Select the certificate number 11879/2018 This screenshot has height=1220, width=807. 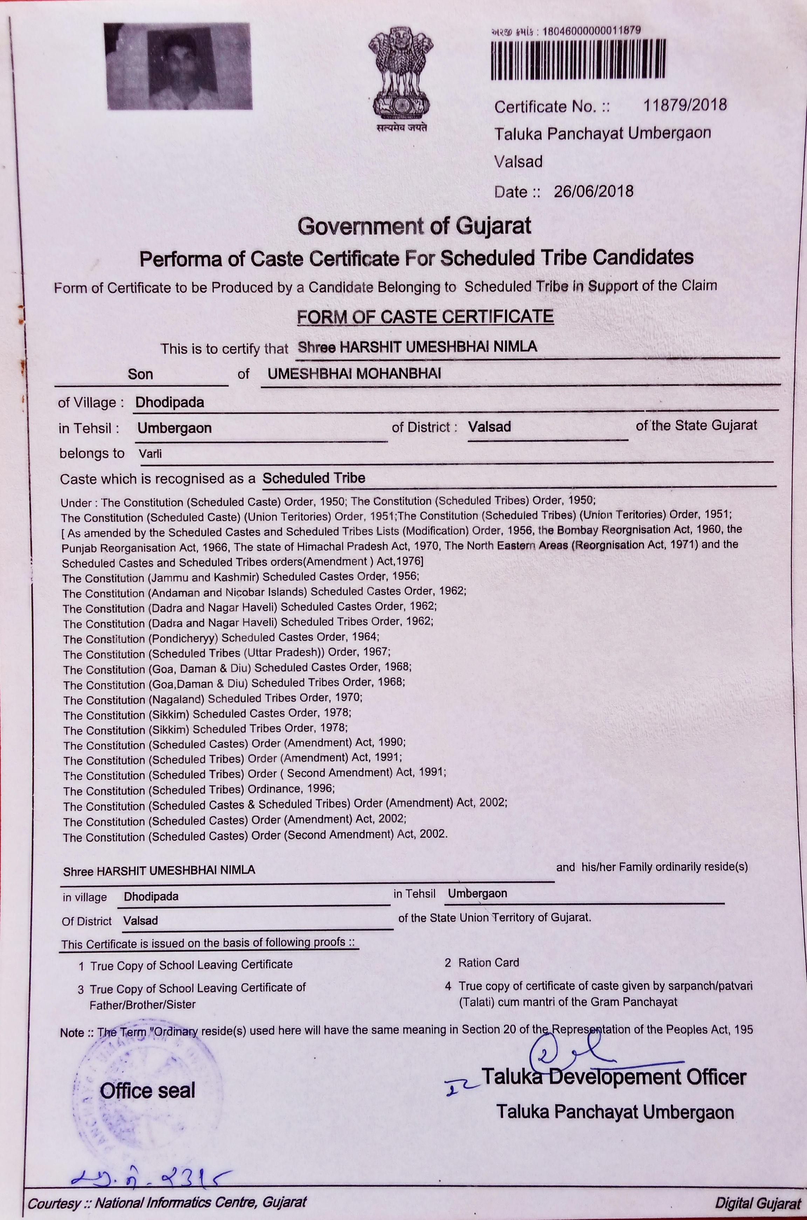(x=684, y=105)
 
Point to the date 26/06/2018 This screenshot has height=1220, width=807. (x=593, y=191)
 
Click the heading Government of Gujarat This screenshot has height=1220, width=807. (x=414, y=226)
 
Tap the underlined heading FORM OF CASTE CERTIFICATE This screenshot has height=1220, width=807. (x=425, y=316)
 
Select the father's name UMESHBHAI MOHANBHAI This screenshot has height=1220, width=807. (x=354, y=374)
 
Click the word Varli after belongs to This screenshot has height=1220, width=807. (x=150, y=454)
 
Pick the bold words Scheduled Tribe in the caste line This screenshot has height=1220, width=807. (x=313, y=478)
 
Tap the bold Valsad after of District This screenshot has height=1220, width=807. (x=489, y=427)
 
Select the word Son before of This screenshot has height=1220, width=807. (x=140, y=375)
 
